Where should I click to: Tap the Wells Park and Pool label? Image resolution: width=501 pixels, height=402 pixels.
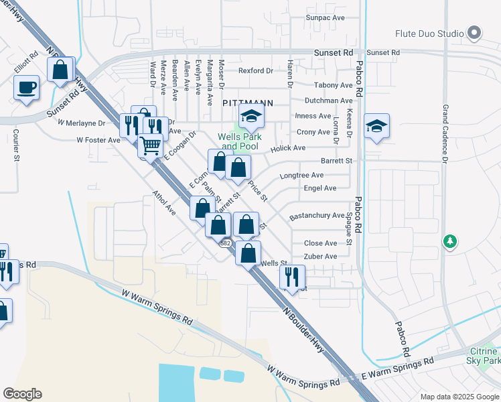(x=238, y=141)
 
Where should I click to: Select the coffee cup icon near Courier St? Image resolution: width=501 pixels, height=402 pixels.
(x=26, y=87)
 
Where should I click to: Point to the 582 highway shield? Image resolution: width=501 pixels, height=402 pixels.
(x=226, y=243)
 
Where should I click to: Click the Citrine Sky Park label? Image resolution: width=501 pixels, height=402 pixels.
(x=483, y=356)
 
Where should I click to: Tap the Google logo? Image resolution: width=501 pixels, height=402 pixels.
(x=22, y=394)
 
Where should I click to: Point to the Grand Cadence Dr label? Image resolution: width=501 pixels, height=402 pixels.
(x=444, y=133)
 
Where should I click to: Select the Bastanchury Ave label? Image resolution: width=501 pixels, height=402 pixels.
(x=316, y=216)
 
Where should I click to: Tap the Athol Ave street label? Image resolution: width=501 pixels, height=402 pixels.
(x=163, y=203)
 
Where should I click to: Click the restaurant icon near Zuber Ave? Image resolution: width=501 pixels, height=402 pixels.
(x=292, y=275)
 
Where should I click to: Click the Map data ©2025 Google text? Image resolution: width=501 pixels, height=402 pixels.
(x=459, y=396)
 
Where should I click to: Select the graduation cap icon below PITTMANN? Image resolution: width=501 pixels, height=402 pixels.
(x=252, y=117)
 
